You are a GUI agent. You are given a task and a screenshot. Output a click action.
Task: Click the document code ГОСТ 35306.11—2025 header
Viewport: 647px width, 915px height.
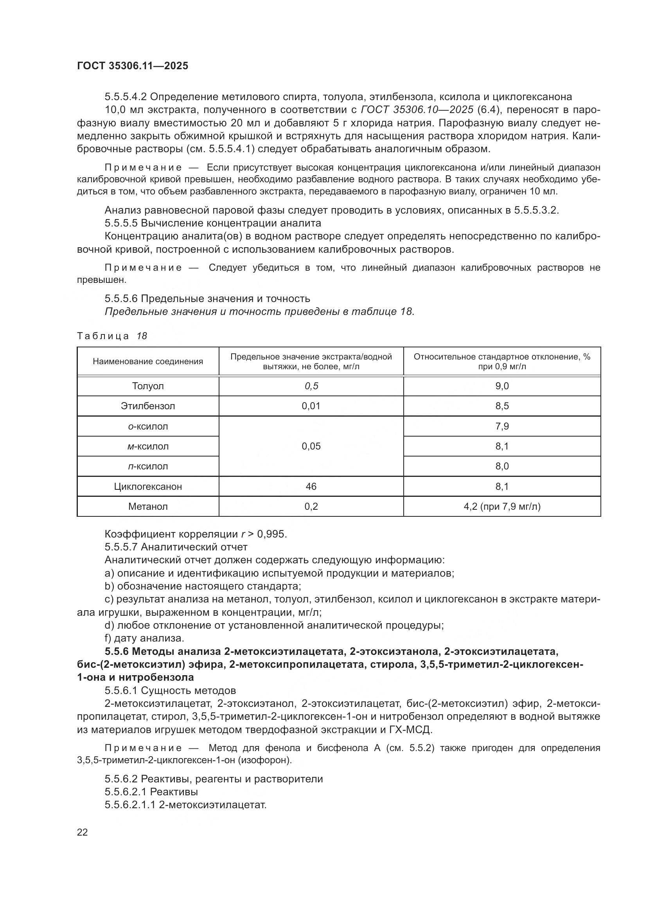132,66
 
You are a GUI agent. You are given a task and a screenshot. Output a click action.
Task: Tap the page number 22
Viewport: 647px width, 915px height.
83,832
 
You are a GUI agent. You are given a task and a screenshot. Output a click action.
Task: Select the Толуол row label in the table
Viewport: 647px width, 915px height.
148,386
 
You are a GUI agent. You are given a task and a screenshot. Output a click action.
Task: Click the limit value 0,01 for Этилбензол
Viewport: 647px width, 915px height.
311,406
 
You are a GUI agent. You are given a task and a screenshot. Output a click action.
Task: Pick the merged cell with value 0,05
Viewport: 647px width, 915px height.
311,446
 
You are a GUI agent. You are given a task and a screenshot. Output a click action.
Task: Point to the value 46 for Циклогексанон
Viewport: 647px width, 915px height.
311,487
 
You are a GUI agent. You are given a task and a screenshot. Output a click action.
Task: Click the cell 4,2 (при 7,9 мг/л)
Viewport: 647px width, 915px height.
501,507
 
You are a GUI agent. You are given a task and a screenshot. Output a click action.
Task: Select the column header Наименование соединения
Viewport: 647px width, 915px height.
148,361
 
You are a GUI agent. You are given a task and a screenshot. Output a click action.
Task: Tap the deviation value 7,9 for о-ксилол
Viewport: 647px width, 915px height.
501,426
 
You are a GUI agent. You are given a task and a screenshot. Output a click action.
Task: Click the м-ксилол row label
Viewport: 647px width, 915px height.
148,446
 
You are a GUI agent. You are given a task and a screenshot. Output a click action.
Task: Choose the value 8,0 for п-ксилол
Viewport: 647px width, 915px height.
501,466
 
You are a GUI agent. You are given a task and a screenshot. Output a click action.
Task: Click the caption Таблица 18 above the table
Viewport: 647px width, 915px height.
112,336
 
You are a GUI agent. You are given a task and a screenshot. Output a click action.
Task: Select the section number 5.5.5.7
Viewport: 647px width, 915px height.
121,547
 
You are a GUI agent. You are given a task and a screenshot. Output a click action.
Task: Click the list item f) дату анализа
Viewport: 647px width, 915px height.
144,638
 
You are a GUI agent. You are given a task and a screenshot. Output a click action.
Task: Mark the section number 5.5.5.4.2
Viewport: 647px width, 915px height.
126,97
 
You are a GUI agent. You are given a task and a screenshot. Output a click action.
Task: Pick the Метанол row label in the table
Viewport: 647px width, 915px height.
148,507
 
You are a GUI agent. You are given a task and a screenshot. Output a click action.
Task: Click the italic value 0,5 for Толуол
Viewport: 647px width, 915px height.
311,386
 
